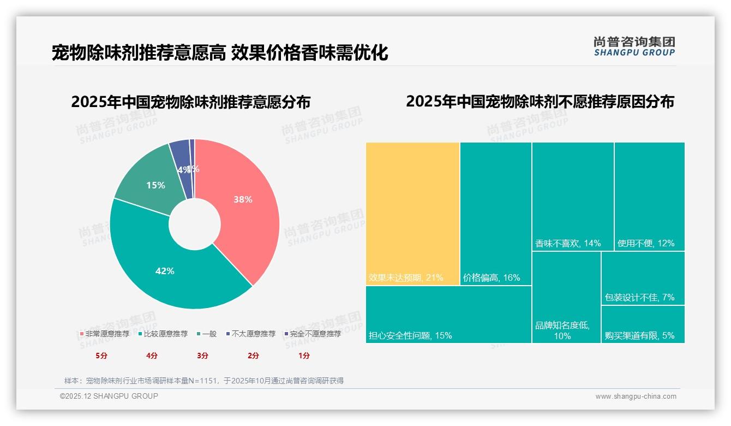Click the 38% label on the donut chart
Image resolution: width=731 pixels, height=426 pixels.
pyautogui.click(x=243, y=199)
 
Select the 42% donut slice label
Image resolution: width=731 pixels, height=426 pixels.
pyautogui.click(x=165, y=271)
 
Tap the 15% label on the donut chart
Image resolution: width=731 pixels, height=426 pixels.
pyautogui.click(x=155, y=185)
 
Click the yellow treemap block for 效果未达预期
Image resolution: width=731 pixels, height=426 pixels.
pyautogui.click(x=412, y=213)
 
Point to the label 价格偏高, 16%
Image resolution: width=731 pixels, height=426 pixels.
pyautogui.click(x=492, y=277)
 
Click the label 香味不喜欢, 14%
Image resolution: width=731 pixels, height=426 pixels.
pyautogui.click(x=568, y=243)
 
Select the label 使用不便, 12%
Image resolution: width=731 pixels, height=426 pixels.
pyautogui.click(x=646, y=243)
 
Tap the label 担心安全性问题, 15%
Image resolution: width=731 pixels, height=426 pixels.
pyautogui.click(x=410, y=335)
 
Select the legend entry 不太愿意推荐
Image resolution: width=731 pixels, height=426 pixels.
pyautogui.click(x=250, y=334)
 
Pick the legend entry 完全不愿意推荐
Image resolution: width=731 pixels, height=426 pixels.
pyautogui.click(x=313, y=334)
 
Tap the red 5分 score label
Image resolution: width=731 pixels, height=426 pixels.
pyautogui.click(x=101, y=356)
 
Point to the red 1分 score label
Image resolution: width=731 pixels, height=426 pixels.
pyautogui.click(x=304, y=356)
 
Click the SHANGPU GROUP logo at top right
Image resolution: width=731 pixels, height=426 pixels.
pyautogui.click(x=634, y=46)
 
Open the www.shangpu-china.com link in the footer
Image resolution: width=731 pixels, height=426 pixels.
pyautogui.click(x=636, y=397)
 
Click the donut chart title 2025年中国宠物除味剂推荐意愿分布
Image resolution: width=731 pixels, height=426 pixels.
pyautogui.click(x=191, y=102)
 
